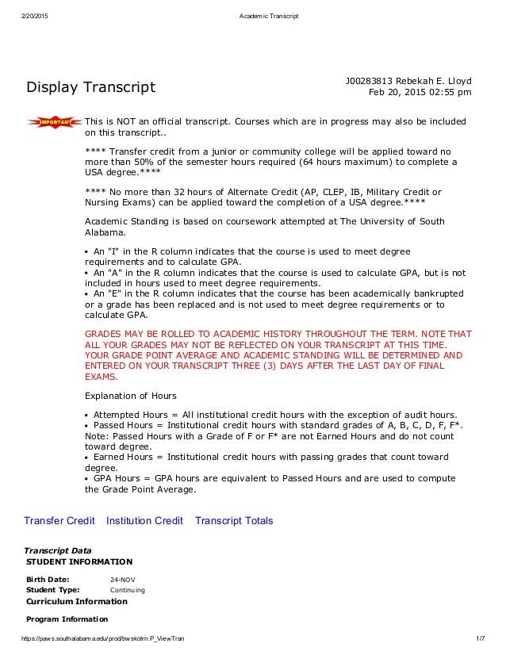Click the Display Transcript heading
tap(91, 86)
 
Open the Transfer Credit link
tap(59, 521)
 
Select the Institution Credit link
tap(144, 521)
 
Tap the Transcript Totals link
tap(234, 521)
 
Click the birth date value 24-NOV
tap(123, 579)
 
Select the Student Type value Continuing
tap(127, 590)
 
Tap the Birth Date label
tap(48, 579)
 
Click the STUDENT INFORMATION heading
tap(79, 561)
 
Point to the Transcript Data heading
tap(58, 550)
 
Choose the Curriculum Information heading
tap(76, 601)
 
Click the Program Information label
tap(67, 619)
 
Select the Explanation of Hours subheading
tap(130, 395)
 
